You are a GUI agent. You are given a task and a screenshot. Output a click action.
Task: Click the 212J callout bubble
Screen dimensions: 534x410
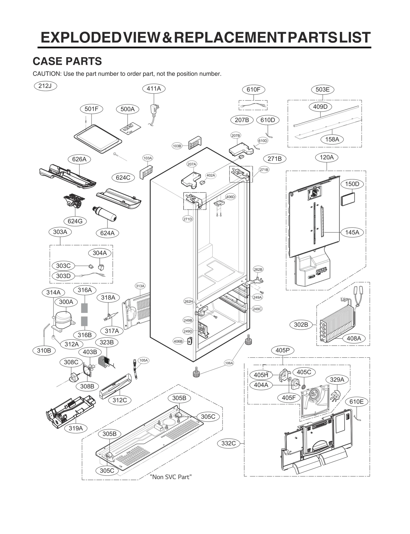pos(45,86)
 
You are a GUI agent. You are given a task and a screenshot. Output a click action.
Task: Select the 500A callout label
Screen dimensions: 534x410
pos(127,109)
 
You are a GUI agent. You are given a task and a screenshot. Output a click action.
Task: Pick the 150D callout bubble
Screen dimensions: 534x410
pos(352,184)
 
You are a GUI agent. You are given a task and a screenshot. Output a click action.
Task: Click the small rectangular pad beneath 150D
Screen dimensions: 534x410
pos(348,199)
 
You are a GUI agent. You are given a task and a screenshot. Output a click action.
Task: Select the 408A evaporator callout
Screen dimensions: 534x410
pos(354,338)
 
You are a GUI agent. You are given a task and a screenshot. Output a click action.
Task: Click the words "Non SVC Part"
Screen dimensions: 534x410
pos(171,477)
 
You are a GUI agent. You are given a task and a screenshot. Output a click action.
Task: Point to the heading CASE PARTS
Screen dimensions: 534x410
pos(67,61)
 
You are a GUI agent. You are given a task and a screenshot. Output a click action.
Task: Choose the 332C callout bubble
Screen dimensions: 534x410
pos(228,443)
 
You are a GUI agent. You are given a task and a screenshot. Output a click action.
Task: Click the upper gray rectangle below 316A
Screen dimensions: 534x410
pos(84,308)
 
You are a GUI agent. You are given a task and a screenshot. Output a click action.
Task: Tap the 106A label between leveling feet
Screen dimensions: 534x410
pos(229,363)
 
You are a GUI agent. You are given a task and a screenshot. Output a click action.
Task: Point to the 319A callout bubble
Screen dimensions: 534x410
pos(76,428)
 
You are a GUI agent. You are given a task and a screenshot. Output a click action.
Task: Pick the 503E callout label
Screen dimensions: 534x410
pos(322,89)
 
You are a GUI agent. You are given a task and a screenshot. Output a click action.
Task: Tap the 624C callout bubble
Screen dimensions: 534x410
pos(123,178)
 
